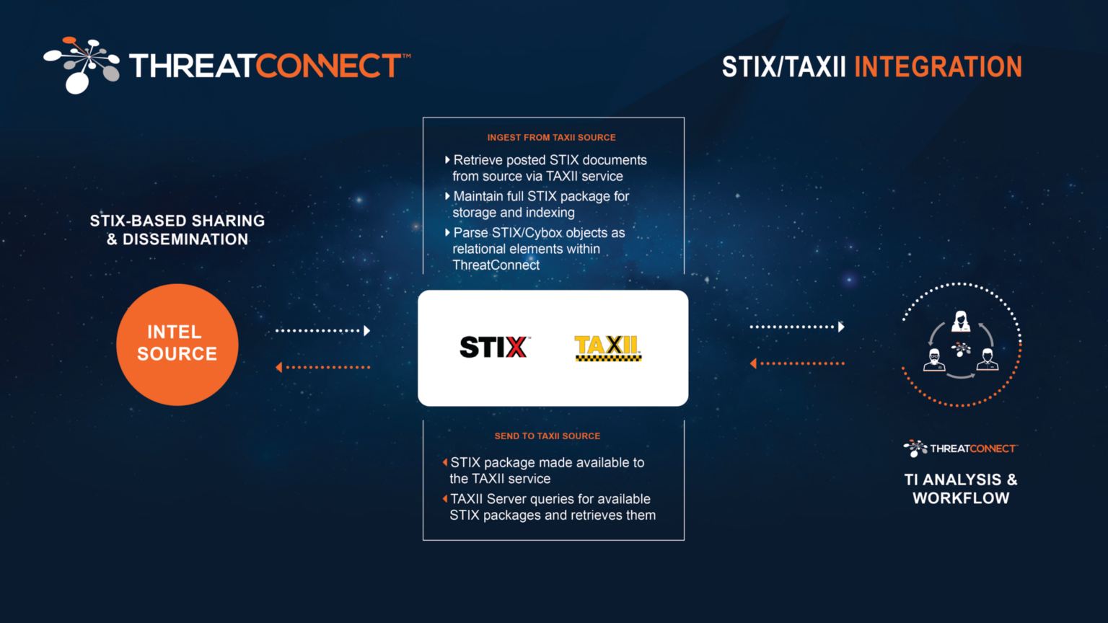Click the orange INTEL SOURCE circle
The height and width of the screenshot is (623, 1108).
tap(177, 344)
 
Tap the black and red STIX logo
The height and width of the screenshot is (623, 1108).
tap(494, 347)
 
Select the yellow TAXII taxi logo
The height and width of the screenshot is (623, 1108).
tap(607, 348)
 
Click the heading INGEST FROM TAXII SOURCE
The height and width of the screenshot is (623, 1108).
tap(551, 137)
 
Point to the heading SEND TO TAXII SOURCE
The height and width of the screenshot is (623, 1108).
tap(547, 436)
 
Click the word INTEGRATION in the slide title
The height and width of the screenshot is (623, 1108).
tap(938, 67)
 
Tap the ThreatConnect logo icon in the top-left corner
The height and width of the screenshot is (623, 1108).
tap(81, 65)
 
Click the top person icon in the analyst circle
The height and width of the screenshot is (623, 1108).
tap(961, 321)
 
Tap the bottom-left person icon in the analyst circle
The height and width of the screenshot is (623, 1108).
tap(934, 359)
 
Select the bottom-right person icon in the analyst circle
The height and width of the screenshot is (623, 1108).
tap(988, 359)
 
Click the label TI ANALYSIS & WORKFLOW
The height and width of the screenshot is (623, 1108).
tap(961, 488)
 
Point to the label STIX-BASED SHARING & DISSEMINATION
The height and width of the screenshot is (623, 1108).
tap(177, 229)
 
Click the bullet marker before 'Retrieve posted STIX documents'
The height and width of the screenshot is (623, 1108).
tap(447, 159)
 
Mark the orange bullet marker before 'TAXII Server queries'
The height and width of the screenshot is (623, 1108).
tap(445, 498)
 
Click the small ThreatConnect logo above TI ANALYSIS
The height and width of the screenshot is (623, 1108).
tap(960, 449)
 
